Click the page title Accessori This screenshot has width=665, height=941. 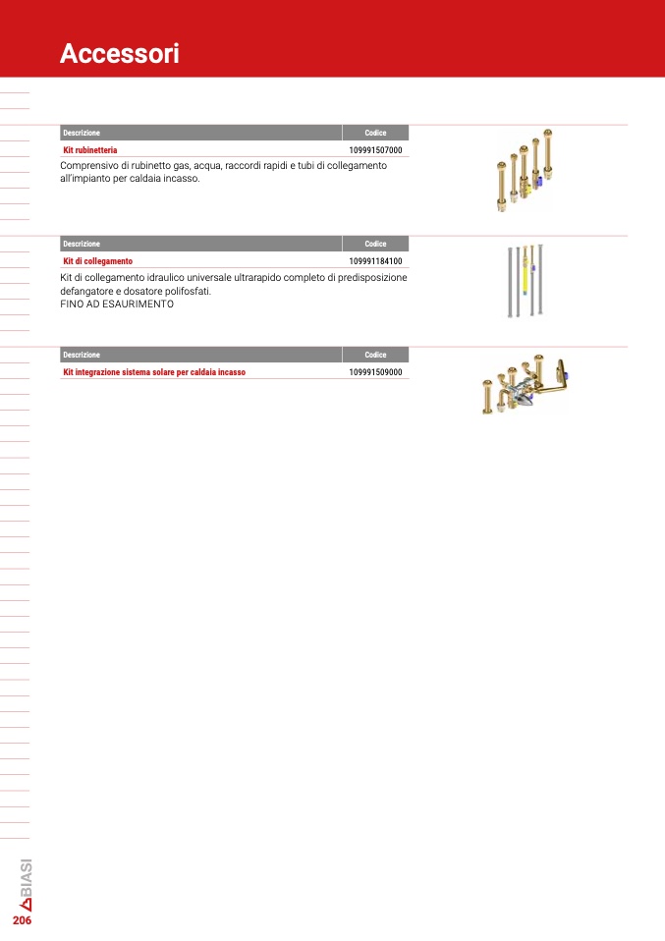[x=120, y=53]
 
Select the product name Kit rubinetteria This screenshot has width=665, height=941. [x=90, y=150]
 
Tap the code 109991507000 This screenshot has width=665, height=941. [x=375, y=150]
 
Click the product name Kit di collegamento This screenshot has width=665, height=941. [x=98, y=261]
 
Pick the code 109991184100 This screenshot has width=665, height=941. [x=375, y=261]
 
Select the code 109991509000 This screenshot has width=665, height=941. [x=375, y=372]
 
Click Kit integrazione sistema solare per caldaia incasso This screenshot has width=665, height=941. [x=154, y=372]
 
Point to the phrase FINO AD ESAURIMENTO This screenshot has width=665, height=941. [x=117, y=304]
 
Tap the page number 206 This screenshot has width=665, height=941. [x=23, y=920]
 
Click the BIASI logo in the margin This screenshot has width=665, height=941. [x=26, y=885]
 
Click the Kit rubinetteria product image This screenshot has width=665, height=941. [x=524, y=171]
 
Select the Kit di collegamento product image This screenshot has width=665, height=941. [x=526, y=280]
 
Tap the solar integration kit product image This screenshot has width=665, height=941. [x=525, y=384]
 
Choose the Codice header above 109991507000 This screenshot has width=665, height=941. [x=375, y=133]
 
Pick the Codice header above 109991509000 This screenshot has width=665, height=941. [x=375, y=355]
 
